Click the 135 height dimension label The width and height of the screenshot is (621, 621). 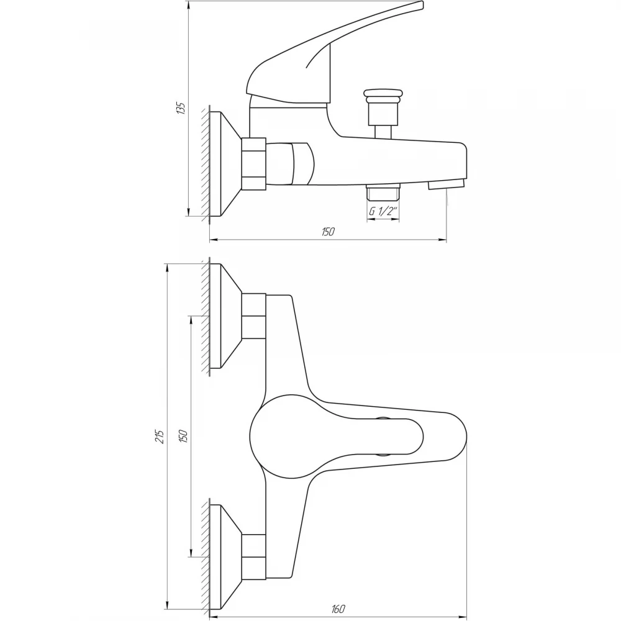[x=180, y=109]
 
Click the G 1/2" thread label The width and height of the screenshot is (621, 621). [x=383, y=212]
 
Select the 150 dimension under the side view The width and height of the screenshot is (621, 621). [x=328, y=232]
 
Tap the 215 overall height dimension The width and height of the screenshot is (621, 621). [x=160, y=436]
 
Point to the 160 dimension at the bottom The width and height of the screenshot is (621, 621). [x=338, y=609]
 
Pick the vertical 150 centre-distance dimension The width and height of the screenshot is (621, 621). [x=183, y=436]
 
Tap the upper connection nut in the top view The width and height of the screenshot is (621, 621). [x=253, y=316]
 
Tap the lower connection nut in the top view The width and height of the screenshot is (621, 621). [x=253, y=556]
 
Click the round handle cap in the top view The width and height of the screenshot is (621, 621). [x=285, y=437]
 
